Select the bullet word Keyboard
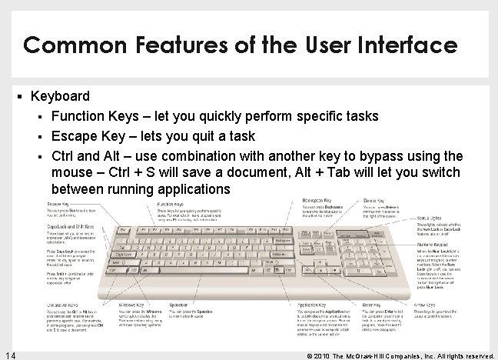tap(60, 97)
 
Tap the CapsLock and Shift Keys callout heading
tap(70, 227)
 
